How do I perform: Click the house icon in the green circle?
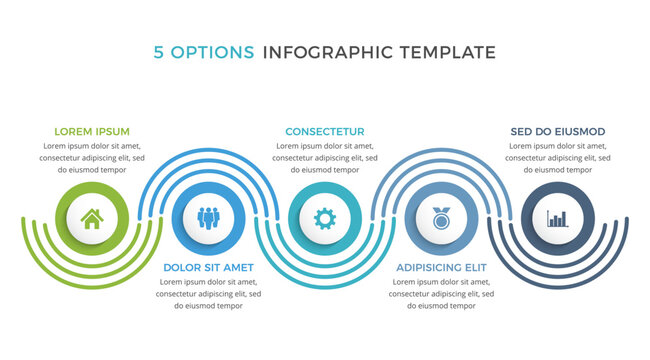click(91, 218)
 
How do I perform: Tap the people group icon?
click(208, 218)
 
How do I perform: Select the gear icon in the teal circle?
click(324, 218)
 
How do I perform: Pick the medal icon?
click(441, 218)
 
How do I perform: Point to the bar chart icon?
click(557, 218)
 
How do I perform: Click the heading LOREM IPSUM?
click(91, 131)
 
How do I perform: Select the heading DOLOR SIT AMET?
click(208, 268)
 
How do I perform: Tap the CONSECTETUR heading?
click(324, 131)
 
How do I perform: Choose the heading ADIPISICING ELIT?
click(441, 268)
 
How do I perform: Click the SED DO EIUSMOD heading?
click(557, 131)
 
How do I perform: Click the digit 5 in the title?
click(160, 52)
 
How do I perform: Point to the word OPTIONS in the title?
click(213, 52)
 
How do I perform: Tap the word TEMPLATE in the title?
click(447, 52)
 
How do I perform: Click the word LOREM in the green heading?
click(72, 131)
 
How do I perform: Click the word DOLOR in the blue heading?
click(182, 268)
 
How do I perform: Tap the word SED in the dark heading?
click(522, 131)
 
